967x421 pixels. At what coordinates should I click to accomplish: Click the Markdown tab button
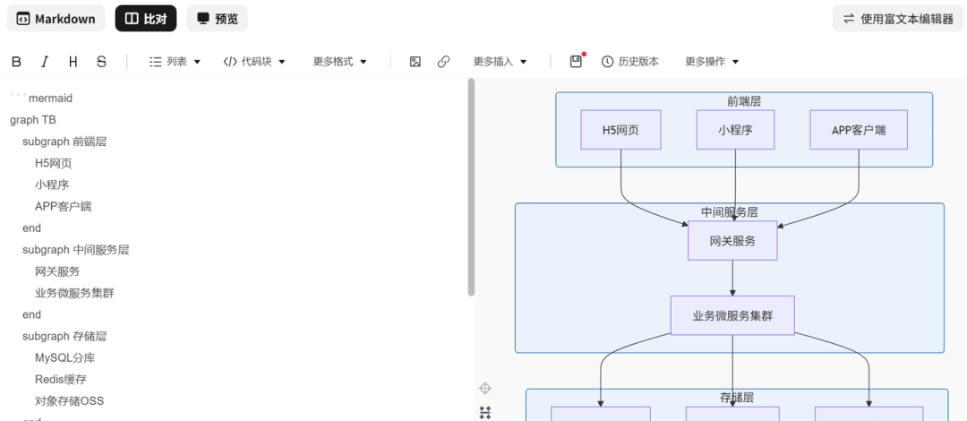pyautogui.click(x=56, y=19)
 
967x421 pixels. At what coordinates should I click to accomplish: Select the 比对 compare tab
pyautogui.click(x=146, y=19)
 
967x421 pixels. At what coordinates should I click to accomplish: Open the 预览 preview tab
pyautogui.click(x=217, y=19)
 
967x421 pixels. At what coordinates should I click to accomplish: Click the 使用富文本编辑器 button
pyautogui.click(x=898, y=19)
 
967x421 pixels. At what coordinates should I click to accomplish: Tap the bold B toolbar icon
pyautogui.click(x=17, y=62)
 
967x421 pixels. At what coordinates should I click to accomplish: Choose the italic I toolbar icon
pyautogui.click(x=45, y=62)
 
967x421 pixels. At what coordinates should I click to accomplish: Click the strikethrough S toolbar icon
pyautogui.click(x=101, y=62)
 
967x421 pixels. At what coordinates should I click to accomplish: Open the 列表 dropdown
pyautogui.click(x=175, y=62)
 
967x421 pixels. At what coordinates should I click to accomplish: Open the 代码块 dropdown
pyautogui.click(x=254, y=62)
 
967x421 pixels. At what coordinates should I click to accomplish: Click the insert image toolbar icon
pyautogui.click(x=415, y=62)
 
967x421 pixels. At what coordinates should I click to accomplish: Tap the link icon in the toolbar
pyautogui.click(x=443, y=62)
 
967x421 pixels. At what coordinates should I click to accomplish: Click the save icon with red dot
pyautogui.click(x=576, y=61)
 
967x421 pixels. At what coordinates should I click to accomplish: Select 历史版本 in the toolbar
pyautogui.click(x=630, y=62)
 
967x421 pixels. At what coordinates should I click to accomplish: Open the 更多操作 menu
pyautogui.click(x=712, y=62)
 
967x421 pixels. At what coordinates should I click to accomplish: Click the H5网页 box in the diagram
pyautogui.click(x=621, y=130)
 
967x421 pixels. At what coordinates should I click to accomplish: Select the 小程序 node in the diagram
pyautogui.click(x=735, y=130)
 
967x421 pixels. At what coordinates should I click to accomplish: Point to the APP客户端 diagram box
pyautogui.click(x=859, y=130)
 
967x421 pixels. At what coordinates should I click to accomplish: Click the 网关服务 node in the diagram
pyautogui.click(x=732, y=241)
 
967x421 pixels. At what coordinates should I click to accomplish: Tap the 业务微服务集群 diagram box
pyautogui.click(x=732, y=315)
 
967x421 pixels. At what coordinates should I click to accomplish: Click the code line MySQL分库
pyautogui.click(x=64, y=358)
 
